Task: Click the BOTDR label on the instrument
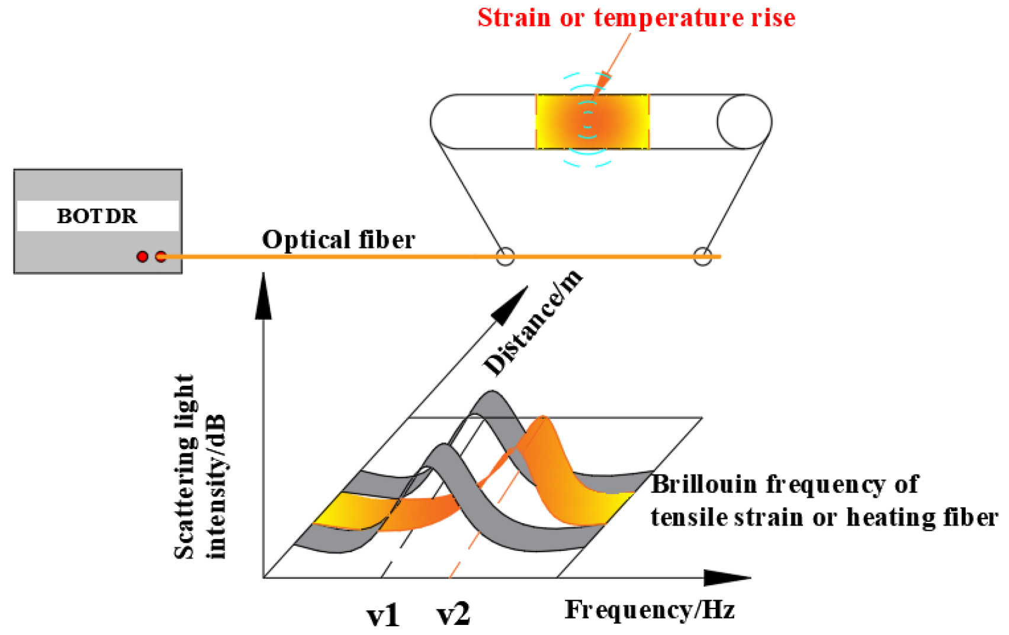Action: point(97,216)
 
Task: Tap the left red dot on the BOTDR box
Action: point(142,256)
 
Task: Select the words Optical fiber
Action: point(338,240)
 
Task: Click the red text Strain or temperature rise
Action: point(636,17)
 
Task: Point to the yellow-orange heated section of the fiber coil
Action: point(592,121)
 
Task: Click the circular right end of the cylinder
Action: point(744,121)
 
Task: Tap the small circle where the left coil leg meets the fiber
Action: point(504,256)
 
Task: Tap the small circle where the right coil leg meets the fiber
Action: point(702,256)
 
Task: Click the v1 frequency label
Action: point(383,615)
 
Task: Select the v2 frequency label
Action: point(454,614)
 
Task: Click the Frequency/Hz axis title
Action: point(650,610)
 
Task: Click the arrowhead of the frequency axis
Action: point(728,578)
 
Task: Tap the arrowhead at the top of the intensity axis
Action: point(263,296)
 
